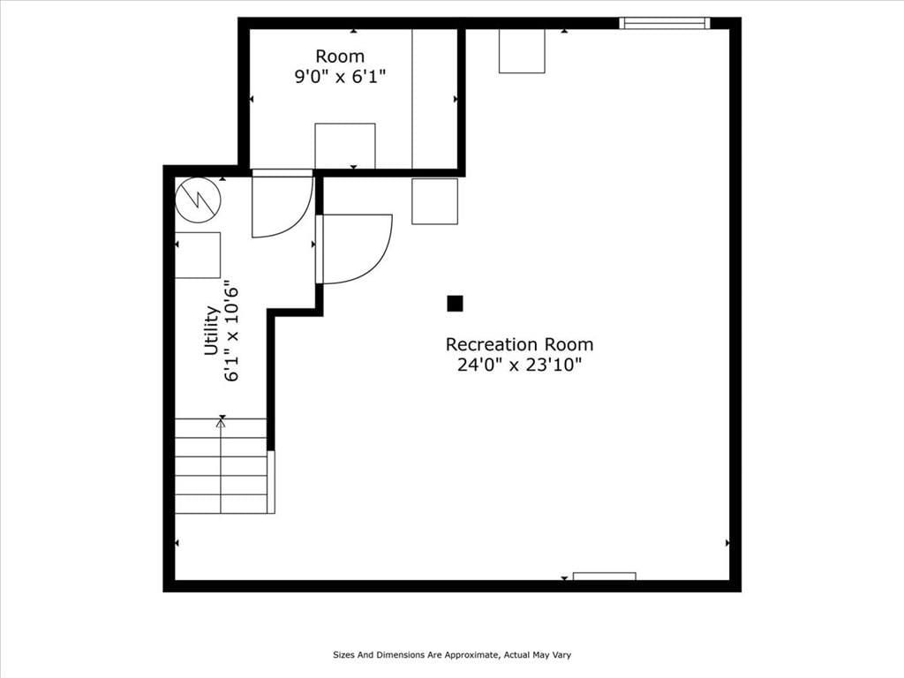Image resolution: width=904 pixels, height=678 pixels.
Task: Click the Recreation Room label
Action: pos(519,344)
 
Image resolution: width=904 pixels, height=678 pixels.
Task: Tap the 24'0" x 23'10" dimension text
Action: pos(519,365)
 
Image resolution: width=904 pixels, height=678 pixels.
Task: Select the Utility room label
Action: pos(212,330)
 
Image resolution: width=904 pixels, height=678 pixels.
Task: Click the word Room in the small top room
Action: pos(340,56)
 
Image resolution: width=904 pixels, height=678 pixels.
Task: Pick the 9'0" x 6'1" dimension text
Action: pos(340,77)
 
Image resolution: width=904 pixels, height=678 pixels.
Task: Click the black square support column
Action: pos(455,304)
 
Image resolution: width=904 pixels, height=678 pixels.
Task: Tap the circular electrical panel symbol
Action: pos(198,200)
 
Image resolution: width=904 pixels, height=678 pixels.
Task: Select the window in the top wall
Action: pos(665,23)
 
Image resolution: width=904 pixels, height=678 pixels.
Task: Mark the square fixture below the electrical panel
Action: pos(198,255)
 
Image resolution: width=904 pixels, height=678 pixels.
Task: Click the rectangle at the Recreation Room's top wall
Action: pos(522,51)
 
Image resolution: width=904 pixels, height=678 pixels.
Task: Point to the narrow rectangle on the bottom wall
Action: pos(604,576)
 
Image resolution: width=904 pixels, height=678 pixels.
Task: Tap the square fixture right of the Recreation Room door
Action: pos(434,201)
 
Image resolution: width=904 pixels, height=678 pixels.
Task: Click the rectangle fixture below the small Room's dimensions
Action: pos(345,146)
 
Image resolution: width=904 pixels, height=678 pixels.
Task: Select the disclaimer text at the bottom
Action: pos(452,655)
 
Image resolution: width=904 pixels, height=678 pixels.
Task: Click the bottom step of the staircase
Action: pos(222,504)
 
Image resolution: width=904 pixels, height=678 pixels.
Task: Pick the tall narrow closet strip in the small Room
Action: pos(435,99)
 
